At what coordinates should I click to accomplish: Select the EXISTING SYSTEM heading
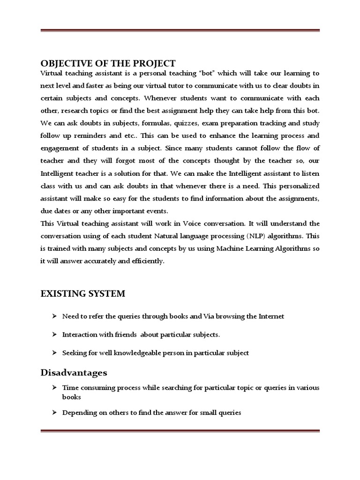click(83, 294)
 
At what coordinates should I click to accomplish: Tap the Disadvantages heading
click(74, 373)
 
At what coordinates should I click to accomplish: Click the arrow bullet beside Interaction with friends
click(54, 335)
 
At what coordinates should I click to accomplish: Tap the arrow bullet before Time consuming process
click(54, 388)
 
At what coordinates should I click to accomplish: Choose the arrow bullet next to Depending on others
click(54, 412)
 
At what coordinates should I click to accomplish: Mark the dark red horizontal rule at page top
click(180, 31)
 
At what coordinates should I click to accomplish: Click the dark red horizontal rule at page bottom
click(180, 431)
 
